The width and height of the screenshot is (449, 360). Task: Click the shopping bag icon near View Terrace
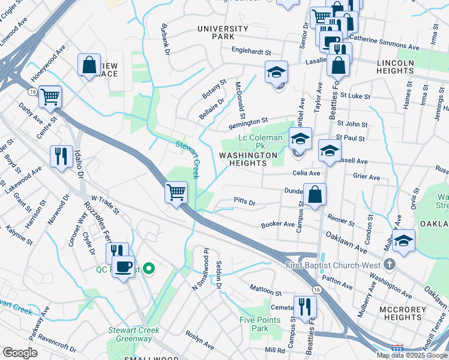click(x=89, y=65)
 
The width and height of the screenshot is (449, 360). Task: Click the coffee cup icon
click(x=124, y=266)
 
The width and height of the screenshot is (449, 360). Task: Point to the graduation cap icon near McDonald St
click(x=276, y=73)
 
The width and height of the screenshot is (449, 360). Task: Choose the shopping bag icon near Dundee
click(x=315, y=195)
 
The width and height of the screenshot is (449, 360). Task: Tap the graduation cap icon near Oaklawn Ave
click(x=404, y=241)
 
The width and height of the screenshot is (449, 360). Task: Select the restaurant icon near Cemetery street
click(x=305, y=307)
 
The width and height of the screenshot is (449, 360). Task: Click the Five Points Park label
click(x=259, y=324)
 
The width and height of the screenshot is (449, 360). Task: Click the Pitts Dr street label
click(x=245, y=203)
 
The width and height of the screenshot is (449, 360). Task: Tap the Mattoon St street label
click(x=266, y=294)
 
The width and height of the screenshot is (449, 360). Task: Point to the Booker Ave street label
click(x=276, y=225)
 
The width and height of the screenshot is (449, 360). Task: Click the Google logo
click(x=20, y=353)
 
